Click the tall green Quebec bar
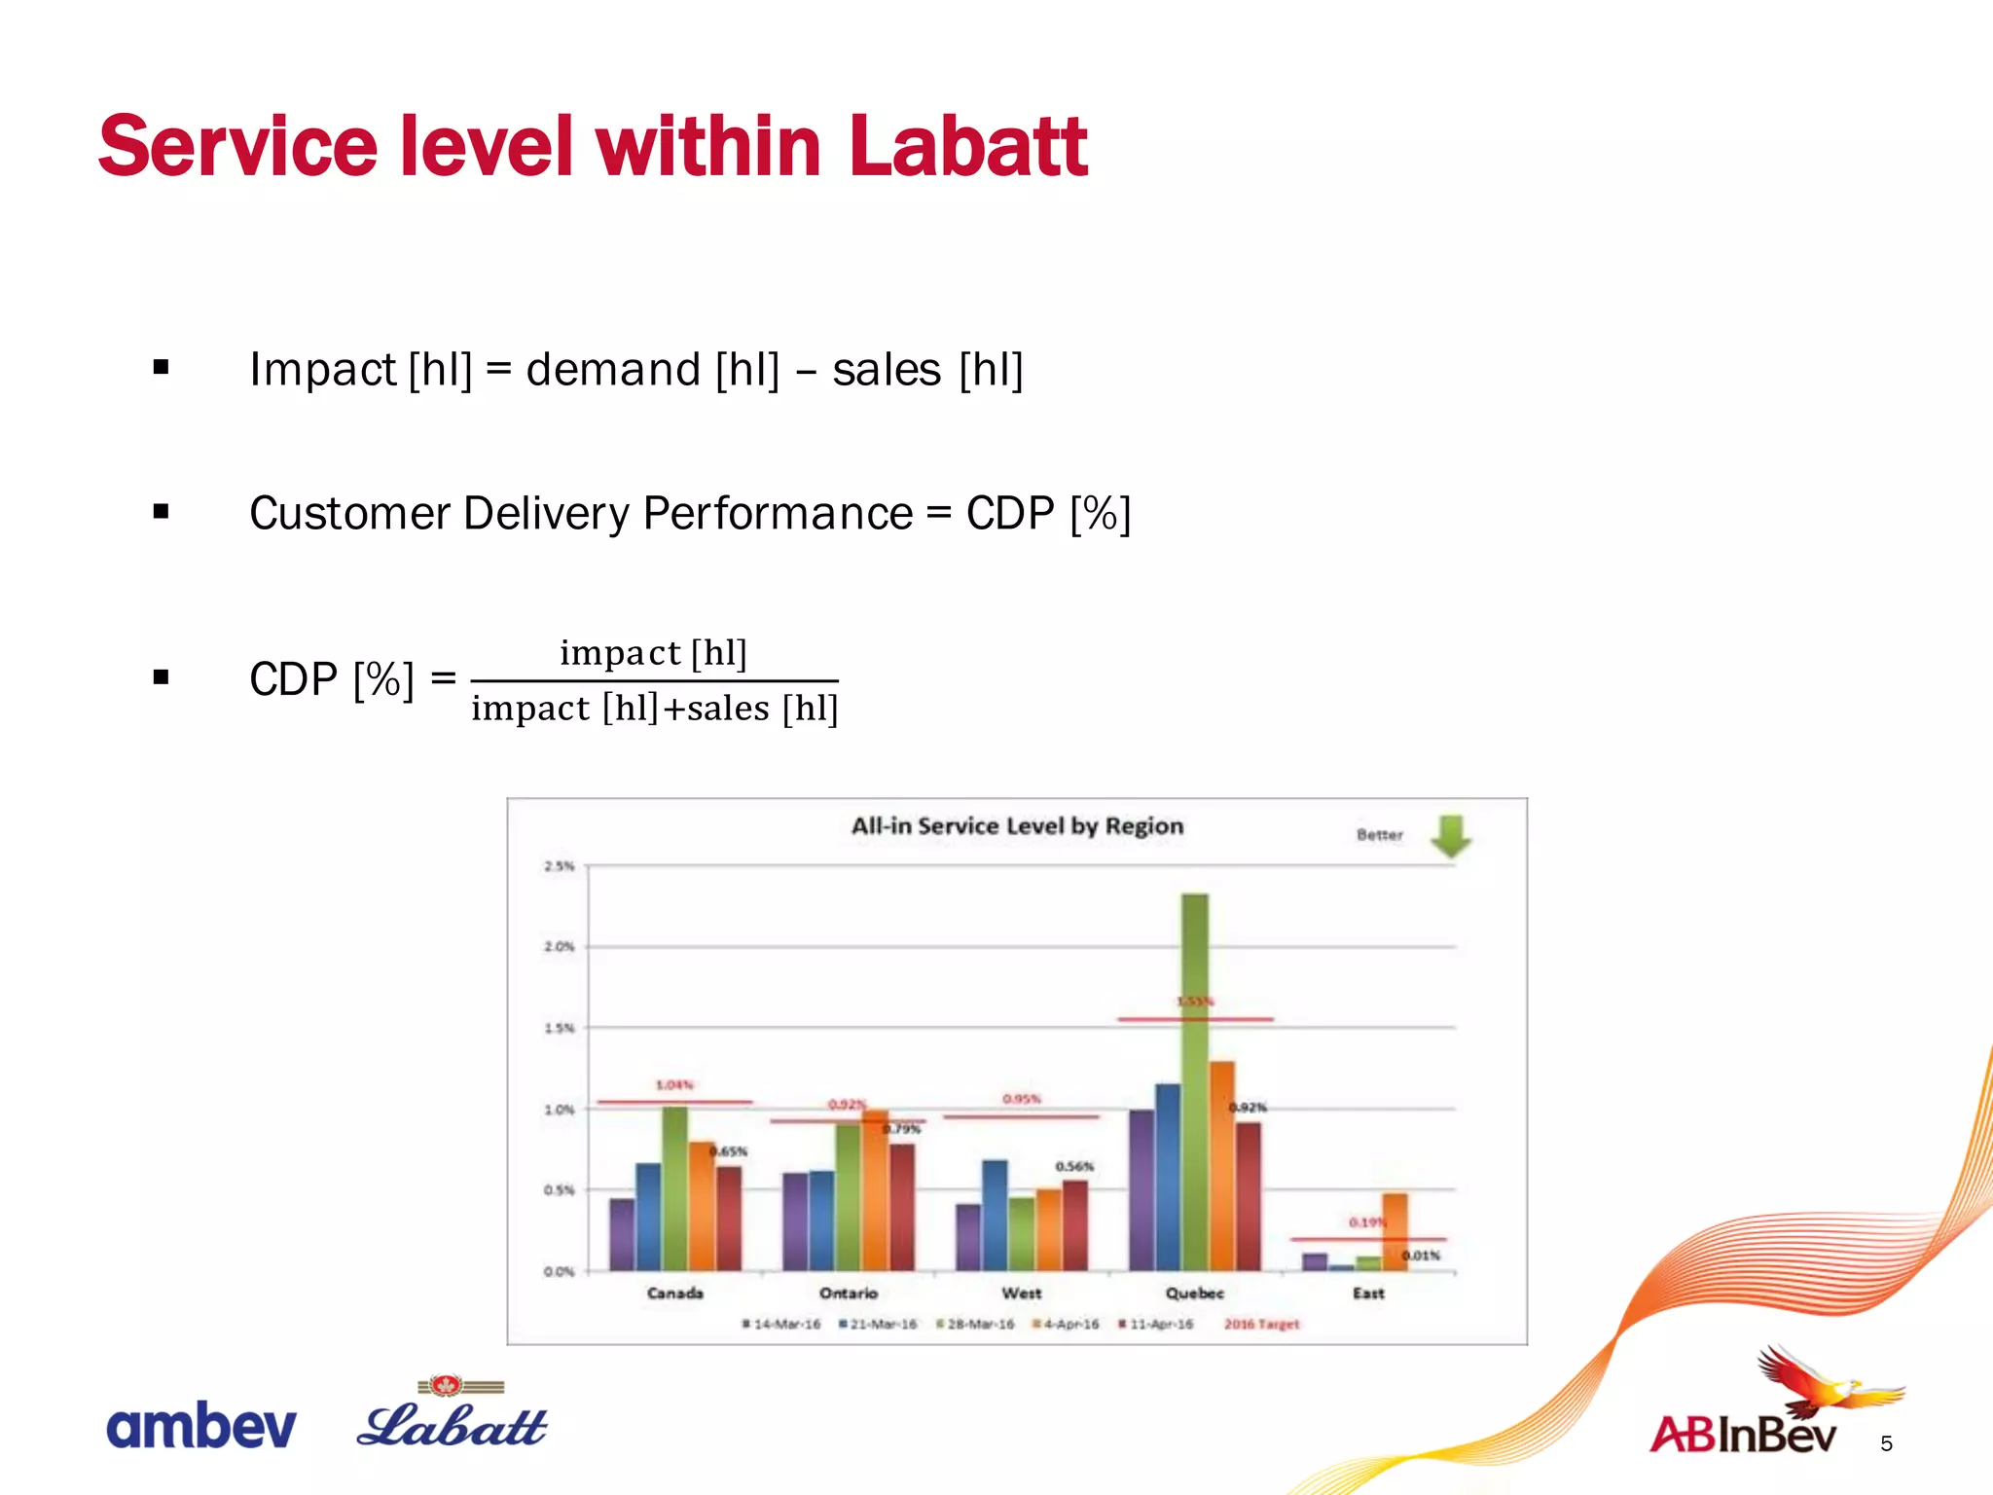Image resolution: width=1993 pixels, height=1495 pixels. click(1194, 1080)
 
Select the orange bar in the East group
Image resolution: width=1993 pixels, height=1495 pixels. click(1395, 1231)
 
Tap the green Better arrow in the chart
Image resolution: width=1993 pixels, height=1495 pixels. click(1450, 836)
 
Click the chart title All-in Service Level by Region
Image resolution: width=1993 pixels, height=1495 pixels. click(1017, 826)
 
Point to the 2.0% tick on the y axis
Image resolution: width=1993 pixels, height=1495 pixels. click(559, 946)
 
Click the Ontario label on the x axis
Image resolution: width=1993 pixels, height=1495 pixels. click(848, 1293)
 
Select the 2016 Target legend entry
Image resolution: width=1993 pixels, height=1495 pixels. click(1261, 1325)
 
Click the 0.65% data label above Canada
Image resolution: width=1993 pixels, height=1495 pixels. click(729, 1151)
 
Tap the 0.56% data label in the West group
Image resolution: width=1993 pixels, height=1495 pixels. click(1074, 1166)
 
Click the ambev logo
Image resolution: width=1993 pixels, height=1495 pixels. click(200, 1426)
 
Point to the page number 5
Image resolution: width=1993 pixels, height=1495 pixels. click(1886, 1443)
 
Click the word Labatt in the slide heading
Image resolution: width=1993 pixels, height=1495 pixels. click(967, 148)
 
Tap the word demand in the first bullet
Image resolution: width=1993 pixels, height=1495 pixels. click(612, 370)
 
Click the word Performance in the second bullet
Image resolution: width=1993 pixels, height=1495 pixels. click(778, 513)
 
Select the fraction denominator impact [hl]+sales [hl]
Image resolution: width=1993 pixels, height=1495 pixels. click(654, 709)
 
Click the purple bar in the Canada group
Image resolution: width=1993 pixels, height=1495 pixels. click(622, 1234)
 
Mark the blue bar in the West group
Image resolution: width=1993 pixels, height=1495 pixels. click(995, 1215)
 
